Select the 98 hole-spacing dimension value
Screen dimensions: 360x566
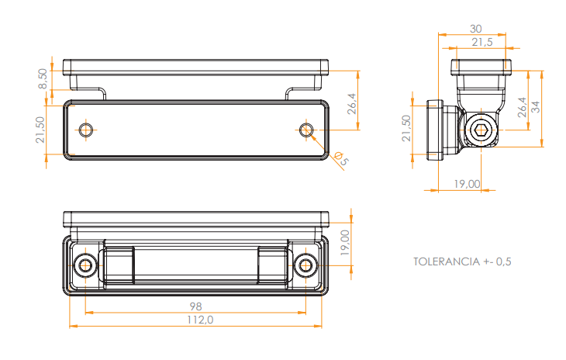[195, 305]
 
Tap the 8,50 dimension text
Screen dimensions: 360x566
[43, 78]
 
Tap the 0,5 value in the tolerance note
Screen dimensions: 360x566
[502, 261]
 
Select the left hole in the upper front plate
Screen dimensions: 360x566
[86, 130]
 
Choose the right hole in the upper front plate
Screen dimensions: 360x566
[307, 130]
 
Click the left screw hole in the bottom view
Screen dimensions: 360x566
[85, 266]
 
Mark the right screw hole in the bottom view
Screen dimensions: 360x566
[307, 266]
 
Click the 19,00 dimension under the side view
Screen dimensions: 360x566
[466, 184]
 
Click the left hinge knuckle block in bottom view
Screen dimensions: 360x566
[119, 265]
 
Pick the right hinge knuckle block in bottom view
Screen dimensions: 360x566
[272, 265]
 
